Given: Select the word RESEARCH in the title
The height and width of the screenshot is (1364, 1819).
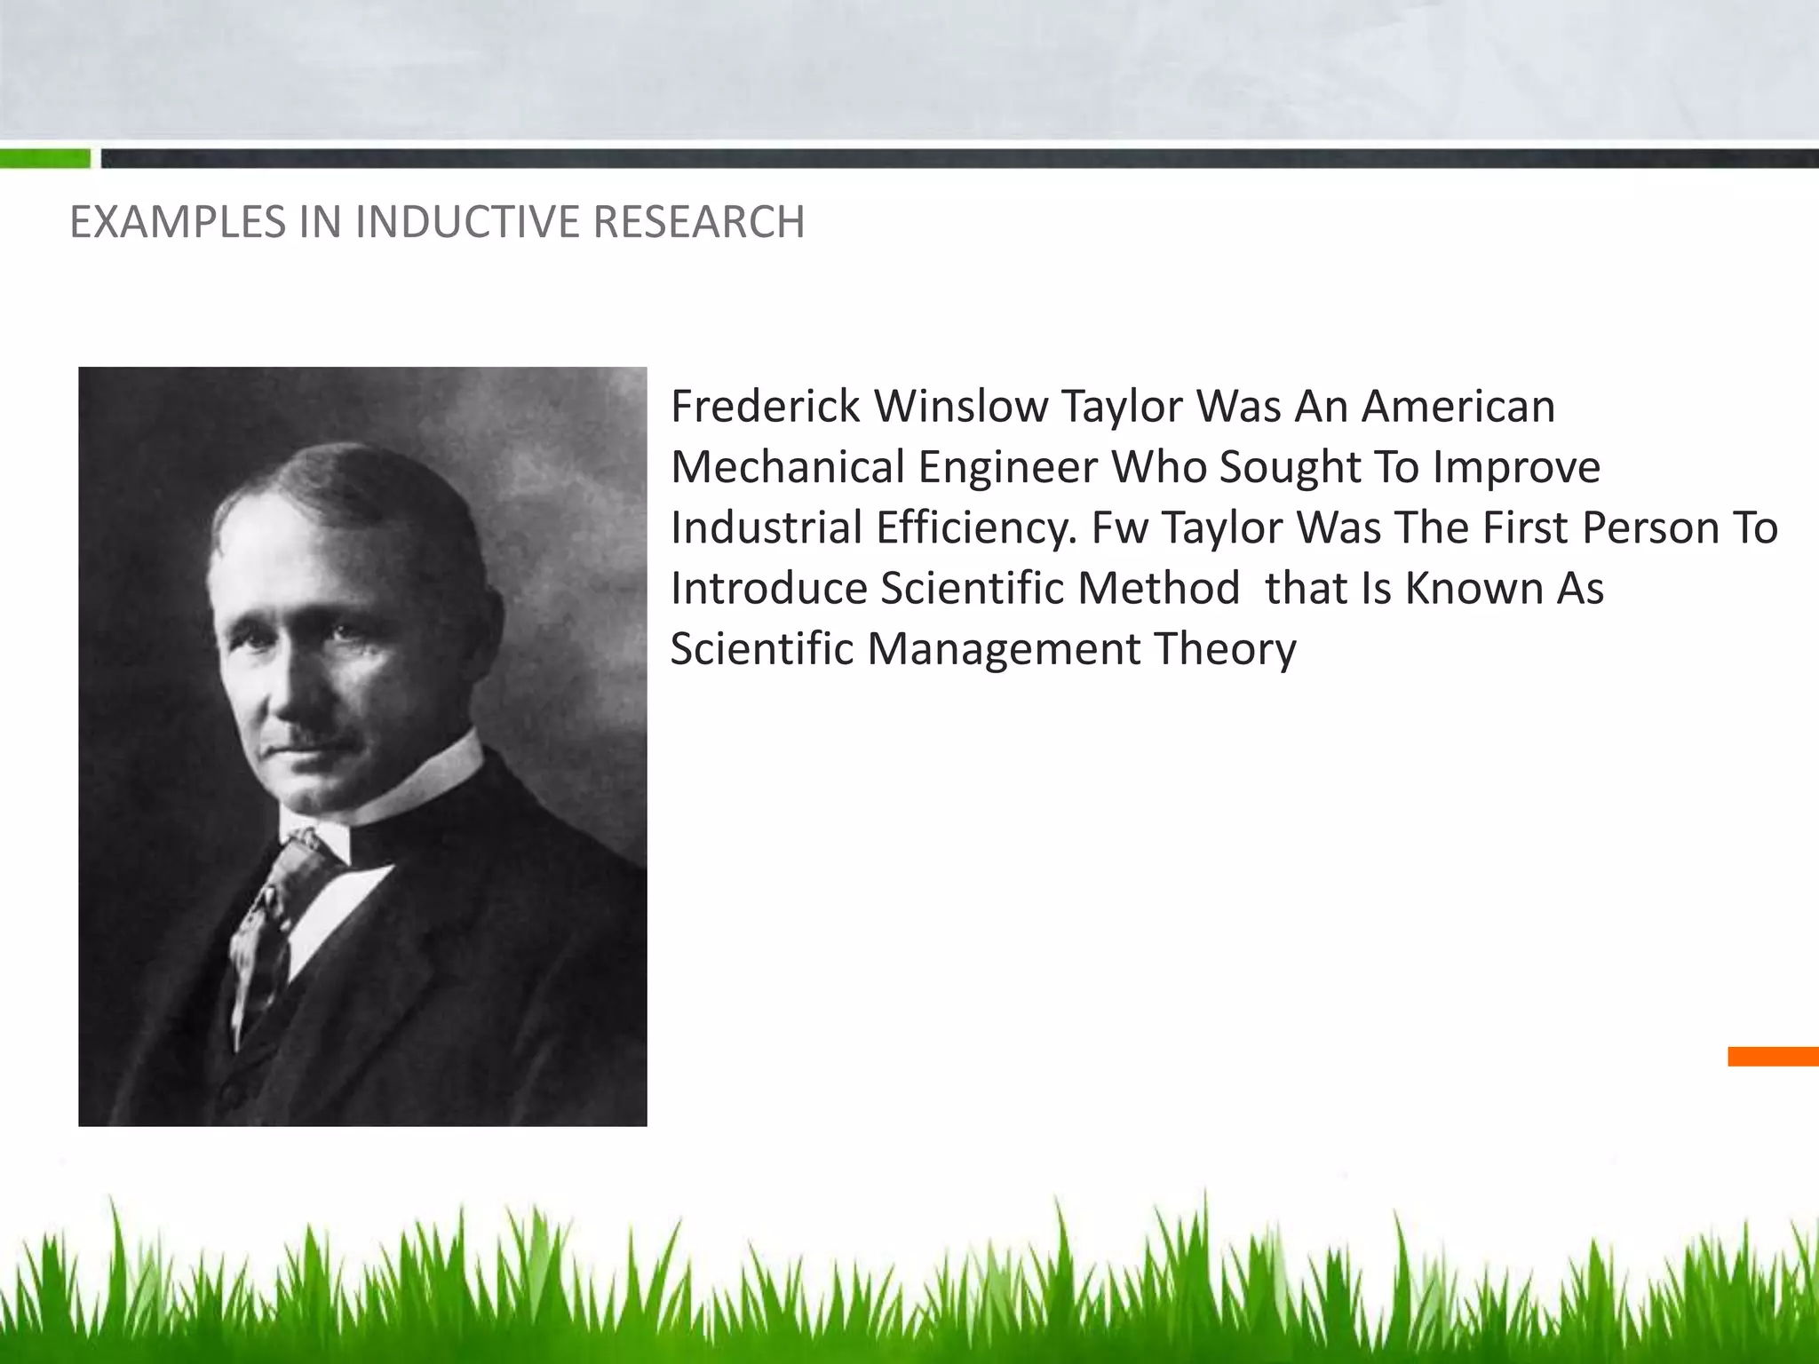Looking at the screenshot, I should tap(698, 222).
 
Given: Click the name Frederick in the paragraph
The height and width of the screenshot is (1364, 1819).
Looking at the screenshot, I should tap(765, 407).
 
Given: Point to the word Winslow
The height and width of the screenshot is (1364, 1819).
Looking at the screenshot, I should tap(961, 407).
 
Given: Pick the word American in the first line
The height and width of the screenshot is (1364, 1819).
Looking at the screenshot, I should tap(1458, 407).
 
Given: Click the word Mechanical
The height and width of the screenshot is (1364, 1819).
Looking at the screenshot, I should tap(787, 467).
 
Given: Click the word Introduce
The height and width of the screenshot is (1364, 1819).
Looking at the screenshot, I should tap(768, 588).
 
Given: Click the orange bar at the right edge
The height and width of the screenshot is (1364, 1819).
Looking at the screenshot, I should tap(1773, 1057).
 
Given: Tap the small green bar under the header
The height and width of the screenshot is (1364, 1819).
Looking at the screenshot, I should tap(44, 159).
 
